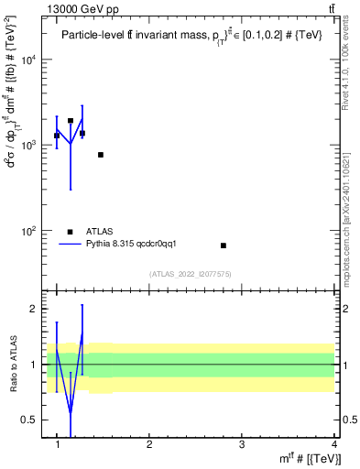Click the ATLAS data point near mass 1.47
pos(101,155)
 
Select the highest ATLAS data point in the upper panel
pos(71,120)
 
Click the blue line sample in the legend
pos(71,244)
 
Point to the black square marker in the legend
pos(71,232)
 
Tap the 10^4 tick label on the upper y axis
pos(28,60)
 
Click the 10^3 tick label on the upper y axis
pos(28,146)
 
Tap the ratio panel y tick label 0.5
pos(29,420)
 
